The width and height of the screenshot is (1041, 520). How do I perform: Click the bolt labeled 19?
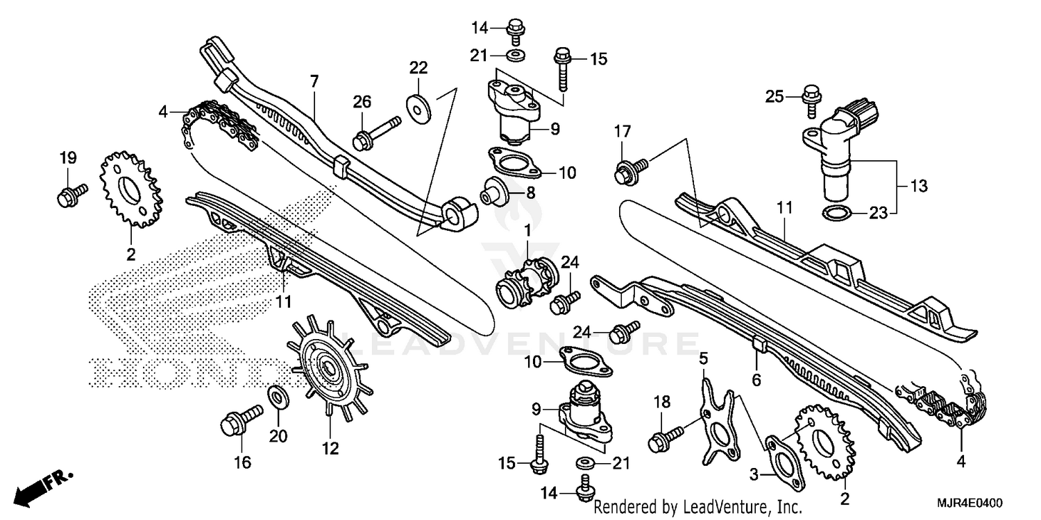[x=70, y=193]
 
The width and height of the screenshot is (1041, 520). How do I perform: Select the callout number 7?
[x=314, y=82]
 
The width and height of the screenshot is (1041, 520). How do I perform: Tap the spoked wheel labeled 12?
[x=325, y=365]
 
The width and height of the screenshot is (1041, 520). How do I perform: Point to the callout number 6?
[x=756, y=379]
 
